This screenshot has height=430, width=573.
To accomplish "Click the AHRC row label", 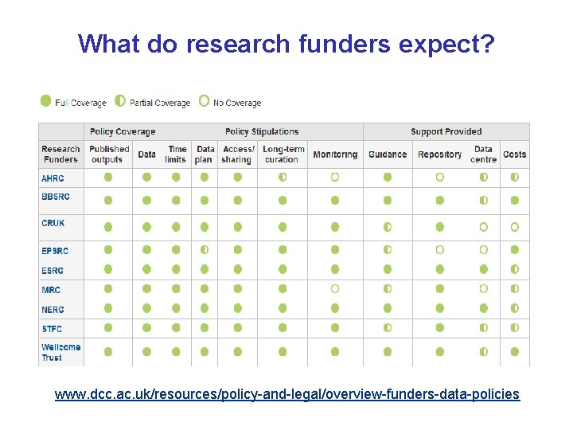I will click(x=53, y=178).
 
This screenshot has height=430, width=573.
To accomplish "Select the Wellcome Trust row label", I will click(x=61, y=352).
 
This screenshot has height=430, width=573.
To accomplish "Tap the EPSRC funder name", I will click(x=55, y=251).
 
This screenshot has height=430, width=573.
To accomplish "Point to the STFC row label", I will click(x=52, y=329).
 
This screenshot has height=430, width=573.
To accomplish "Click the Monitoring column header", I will click(x=335, y=154).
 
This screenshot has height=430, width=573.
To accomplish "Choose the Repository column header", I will click(x=439, y=154).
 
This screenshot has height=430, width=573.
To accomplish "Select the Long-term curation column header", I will click(x=283, y=154).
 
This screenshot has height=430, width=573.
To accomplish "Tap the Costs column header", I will click(x=514, y=154).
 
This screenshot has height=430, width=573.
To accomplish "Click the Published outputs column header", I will click(x=109, y=154).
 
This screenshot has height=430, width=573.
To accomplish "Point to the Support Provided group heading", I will click(x=446, y=131).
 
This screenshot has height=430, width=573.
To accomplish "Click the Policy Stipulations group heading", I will click(x=262, y=131).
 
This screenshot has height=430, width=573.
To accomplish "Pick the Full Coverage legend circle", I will click(x=45, y=101).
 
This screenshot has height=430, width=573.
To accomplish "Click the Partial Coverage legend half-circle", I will click(x=120, y=101).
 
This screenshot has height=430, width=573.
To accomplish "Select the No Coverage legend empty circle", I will click(x=204, y=101).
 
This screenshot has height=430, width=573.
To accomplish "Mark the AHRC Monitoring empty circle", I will click(x=335, y=177).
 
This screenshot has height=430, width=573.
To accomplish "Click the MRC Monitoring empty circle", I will click(x=335, y=288).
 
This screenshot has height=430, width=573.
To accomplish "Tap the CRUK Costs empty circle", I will click(x=514, y=227).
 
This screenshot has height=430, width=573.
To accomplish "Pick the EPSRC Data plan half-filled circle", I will click(x=205, y=250).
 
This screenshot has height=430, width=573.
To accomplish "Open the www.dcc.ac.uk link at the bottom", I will click(x=286, y=393).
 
